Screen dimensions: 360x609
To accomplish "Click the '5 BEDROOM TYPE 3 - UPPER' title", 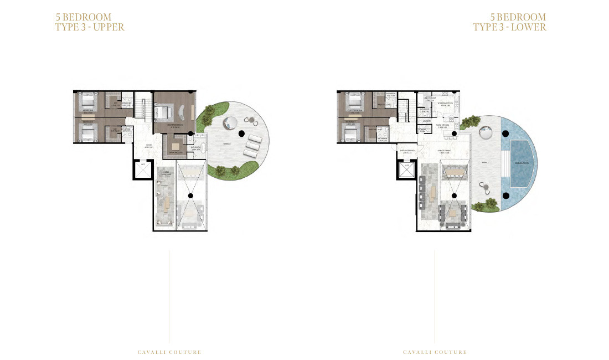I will click(x=90, y=22).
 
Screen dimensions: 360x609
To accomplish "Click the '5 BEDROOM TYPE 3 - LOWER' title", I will click(x=509, y=22).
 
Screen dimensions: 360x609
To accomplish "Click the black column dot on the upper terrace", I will click(x=241, y=133).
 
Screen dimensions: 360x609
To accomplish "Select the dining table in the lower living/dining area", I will click(x=455, y=173).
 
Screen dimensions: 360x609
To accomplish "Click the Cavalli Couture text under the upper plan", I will click(x=169, y=352).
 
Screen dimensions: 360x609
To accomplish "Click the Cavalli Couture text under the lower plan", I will click(x=435, y=352).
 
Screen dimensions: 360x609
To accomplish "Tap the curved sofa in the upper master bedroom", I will click(x=182, y=112).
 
